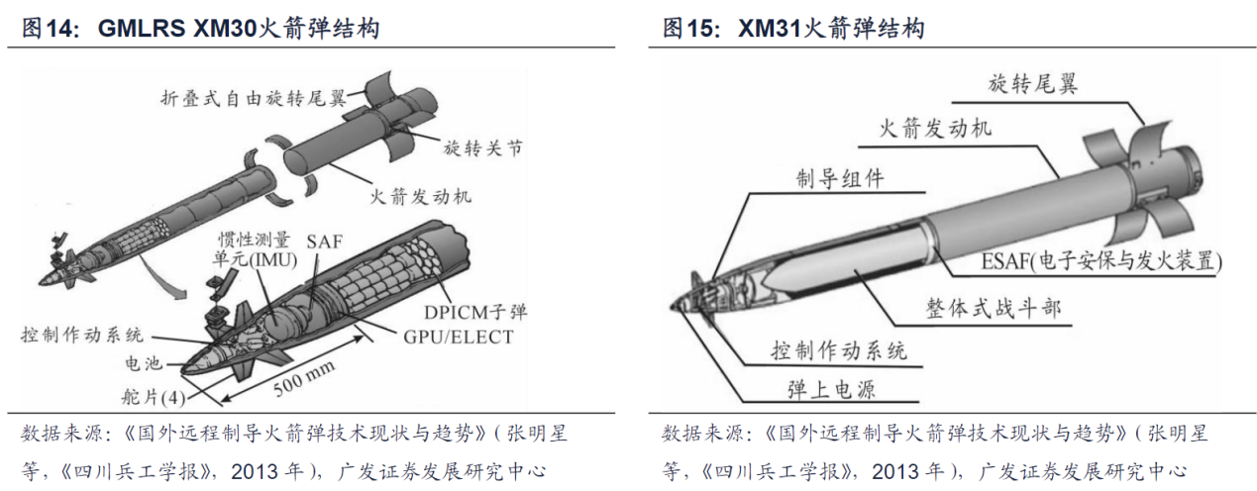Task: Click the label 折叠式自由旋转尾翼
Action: [x=253, y=99]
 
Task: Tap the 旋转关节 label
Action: [x=482, y=147]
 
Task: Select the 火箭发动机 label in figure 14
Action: [x=420, y=196]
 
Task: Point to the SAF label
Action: [x=324, y=242]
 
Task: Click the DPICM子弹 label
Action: [x=475, y=312]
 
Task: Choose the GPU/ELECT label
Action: [x=459, y=337]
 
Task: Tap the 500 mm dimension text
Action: [x=303, y=379]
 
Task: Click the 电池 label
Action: [x=144, y=363]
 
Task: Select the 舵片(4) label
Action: [x=154, y=397]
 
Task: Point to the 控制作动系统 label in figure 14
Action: [x=82, y=335]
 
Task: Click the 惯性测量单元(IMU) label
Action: [x=255, y=249]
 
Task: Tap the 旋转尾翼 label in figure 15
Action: [x=1032, y=84]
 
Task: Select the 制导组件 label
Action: [x=840, y=179]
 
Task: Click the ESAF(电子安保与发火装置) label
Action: [x=1101, y=261]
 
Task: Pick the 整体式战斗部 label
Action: [x=994, y=308]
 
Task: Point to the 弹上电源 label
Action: [x=831, y=390]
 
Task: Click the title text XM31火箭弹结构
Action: [x=831, y=28]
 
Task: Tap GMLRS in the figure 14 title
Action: [x=142, y=28]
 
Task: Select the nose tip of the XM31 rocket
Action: [x=672, y=306]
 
